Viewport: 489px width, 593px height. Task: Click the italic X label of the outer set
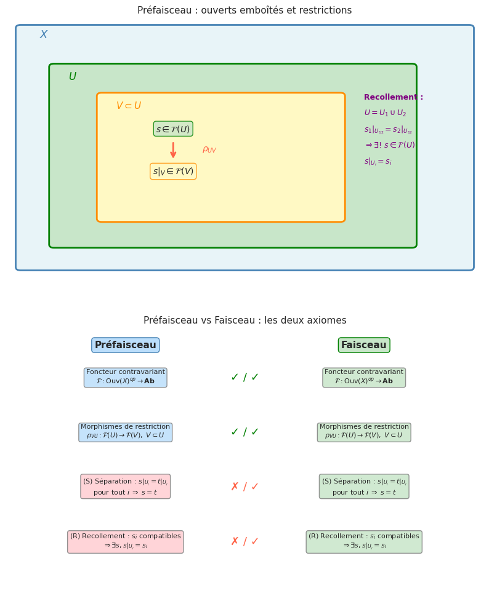click(44, 35)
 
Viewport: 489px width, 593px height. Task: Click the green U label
click(73, 77)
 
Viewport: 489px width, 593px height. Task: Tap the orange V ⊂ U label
click(129, 106)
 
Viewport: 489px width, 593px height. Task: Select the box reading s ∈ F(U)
click(173, 129)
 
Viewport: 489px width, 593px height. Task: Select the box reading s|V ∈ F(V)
click(173, 172)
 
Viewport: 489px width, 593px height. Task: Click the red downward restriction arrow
click(173, 150)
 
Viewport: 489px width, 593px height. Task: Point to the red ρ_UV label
click(209, 149)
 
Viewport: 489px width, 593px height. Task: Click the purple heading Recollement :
click(393, 97)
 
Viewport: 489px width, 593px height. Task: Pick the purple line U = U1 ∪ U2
click(385, 113)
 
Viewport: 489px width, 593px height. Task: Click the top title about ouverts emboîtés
click(244, 10)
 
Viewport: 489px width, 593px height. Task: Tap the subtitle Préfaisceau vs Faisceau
click(244, 320)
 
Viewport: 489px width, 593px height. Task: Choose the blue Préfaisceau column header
click(126, 345)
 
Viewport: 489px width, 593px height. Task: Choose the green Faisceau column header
click(364, 345)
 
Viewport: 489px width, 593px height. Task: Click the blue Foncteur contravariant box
click(126, 378)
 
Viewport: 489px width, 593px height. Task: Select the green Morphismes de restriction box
click(364, 432)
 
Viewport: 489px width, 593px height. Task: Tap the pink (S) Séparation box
click(126, 487)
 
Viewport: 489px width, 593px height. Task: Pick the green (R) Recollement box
click(364, 542)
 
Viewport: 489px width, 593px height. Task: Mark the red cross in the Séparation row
click(235, 487)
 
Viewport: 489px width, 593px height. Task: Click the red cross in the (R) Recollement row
click(235, 542)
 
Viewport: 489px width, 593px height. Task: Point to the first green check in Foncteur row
click(235, 378)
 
